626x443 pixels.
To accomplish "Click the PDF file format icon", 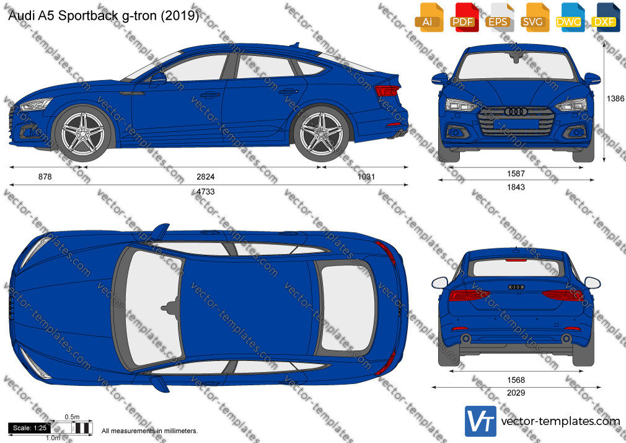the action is point(463,17).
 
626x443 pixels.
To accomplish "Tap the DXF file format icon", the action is point(604,17).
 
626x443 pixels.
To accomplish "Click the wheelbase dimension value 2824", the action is point(206,177).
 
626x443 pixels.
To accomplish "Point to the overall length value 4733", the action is point(206,192).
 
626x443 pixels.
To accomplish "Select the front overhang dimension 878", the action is point(45,177).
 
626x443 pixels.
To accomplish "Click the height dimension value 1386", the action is point(615,99).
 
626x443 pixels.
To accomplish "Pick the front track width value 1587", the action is point(516,174).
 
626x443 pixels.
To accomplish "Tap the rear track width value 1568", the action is point(516,380).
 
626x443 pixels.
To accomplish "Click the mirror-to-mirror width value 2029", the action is point(516,393).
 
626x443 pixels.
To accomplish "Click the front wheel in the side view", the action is point(83,133).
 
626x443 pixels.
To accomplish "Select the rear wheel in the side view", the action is point(322,133).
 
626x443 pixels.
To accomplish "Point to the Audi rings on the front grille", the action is point(516,112).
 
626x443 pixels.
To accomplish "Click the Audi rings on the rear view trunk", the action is point(516,287).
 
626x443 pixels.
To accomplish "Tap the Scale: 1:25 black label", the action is point(30,428).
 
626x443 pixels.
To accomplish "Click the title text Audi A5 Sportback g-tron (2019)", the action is point(103,16).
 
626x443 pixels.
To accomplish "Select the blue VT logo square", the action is point(480,421).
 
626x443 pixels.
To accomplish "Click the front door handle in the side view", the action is point(210,95).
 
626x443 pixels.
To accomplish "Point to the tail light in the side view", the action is point(387,91).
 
